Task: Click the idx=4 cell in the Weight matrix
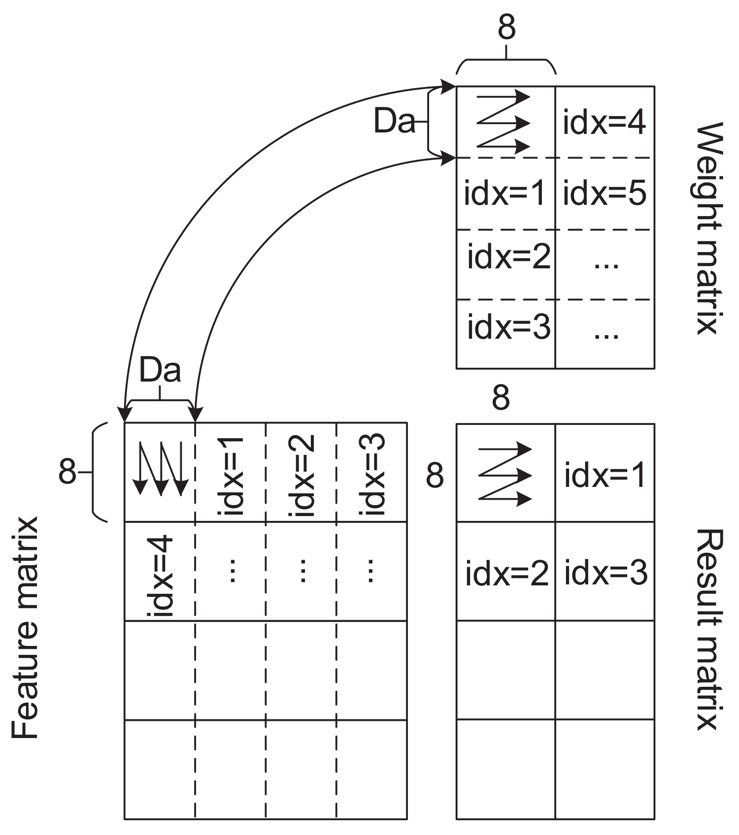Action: tap(605, 123)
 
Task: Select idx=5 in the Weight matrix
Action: tap(605, 193)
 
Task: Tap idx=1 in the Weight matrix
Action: tap(505, 193)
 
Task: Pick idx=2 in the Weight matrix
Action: tap(508, 257)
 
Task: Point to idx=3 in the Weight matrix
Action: tap(508, 327)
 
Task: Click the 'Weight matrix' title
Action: tap(709, 228)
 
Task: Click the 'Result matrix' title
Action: tap(709, 630)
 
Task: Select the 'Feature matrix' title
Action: tap(25, 627)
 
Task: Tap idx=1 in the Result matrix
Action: tap(605, 476)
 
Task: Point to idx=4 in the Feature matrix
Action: tap(161, 577)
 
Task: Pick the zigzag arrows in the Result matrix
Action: tap(505, 474)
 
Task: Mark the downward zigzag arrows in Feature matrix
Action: tap(161, 468)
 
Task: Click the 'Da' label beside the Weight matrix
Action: tap(394, 121)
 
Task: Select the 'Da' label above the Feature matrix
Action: tap(160, 370)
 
